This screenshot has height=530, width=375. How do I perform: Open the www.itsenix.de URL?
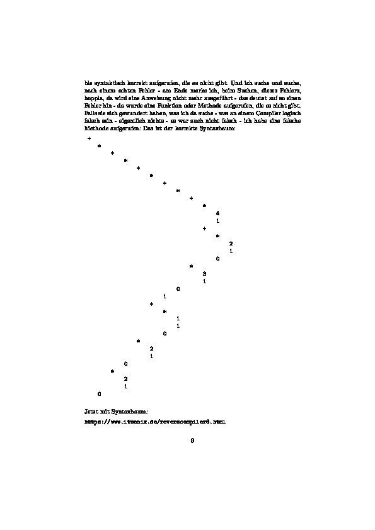(x=154, y=421)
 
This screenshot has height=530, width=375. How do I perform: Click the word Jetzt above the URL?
(x=92, y=411)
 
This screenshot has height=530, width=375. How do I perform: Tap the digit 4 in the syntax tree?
(x=217, y=213)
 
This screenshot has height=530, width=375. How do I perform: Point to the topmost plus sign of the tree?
(x=89, y=137)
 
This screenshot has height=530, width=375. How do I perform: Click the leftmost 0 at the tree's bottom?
(x=99, y=394)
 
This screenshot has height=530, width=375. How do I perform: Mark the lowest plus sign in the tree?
(x=152, y=304)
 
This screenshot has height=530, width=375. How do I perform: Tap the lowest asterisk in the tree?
(x=112, y=371)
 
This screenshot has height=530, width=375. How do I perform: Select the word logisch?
(x=294, y=114)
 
